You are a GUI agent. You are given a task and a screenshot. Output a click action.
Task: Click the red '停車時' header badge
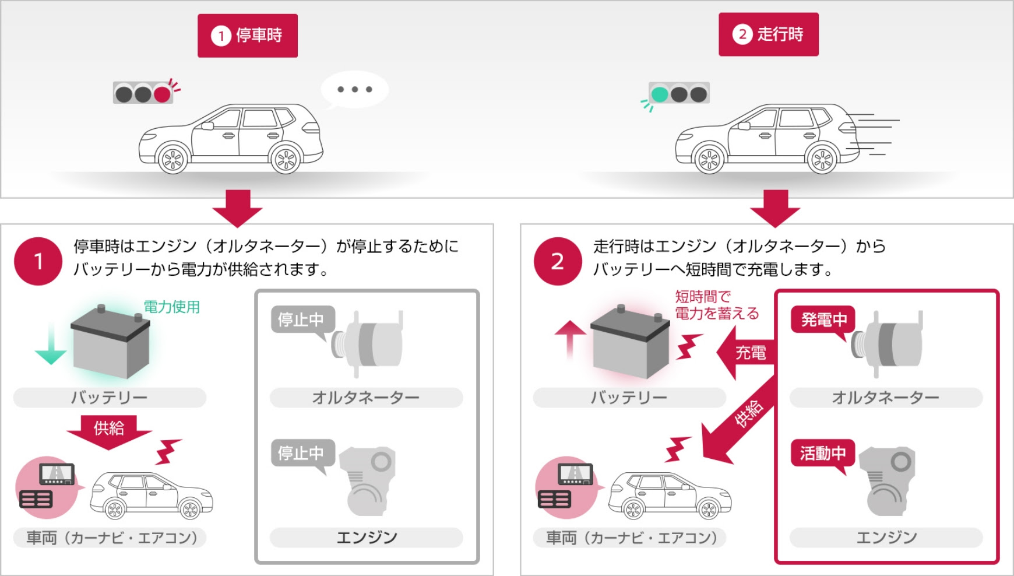click(248, 36)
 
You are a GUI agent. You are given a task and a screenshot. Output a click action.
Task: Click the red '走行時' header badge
click(769, 34)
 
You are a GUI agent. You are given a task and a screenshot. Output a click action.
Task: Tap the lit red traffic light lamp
click(161, 94)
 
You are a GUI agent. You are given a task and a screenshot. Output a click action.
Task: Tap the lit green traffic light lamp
click(660, 94)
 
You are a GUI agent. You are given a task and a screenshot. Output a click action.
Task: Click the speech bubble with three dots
click(354, 90)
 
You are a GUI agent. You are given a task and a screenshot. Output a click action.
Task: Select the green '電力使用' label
click(172, 307)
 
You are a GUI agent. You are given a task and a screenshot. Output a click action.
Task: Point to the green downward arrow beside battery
click(51, 344)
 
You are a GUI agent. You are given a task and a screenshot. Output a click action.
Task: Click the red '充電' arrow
click(745, 353)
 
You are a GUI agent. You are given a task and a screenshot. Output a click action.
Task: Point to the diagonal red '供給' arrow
click(738, 419)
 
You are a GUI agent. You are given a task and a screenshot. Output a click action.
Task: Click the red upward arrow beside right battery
click(570, 340)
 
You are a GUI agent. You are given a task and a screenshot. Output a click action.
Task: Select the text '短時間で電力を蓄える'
click(717, 305)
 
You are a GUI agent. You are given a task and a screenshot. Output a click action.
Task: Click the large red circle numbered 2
click(558, 261)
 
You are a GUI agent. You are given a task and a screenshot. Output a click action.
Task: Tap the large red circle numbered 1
click(38, 261)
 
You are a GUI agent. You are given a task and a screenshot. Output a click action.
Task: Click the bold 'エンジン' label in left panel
click(367, 538)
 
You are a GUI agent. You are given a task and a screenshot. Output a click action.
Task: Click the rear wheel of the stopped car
click(286, 159)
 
